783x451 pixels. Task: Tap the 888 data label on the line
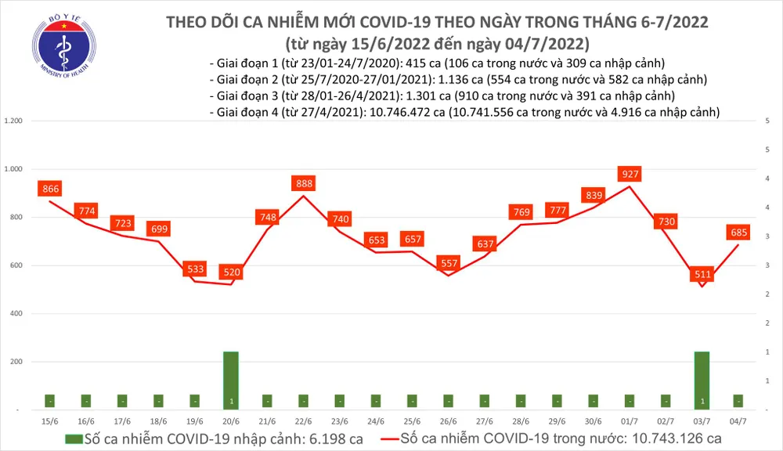tap(303, 183)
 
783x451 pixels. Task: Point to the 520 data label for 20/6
tap(232, 272)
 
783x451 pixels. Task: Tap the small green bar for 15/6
tap(50, 400)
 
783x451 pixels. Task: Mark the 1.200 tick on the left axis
tap(13, 121)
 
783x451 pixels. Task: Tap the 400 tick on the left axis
tap(16, 313)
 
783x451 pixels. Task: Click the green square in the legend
tap(73, 438)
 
